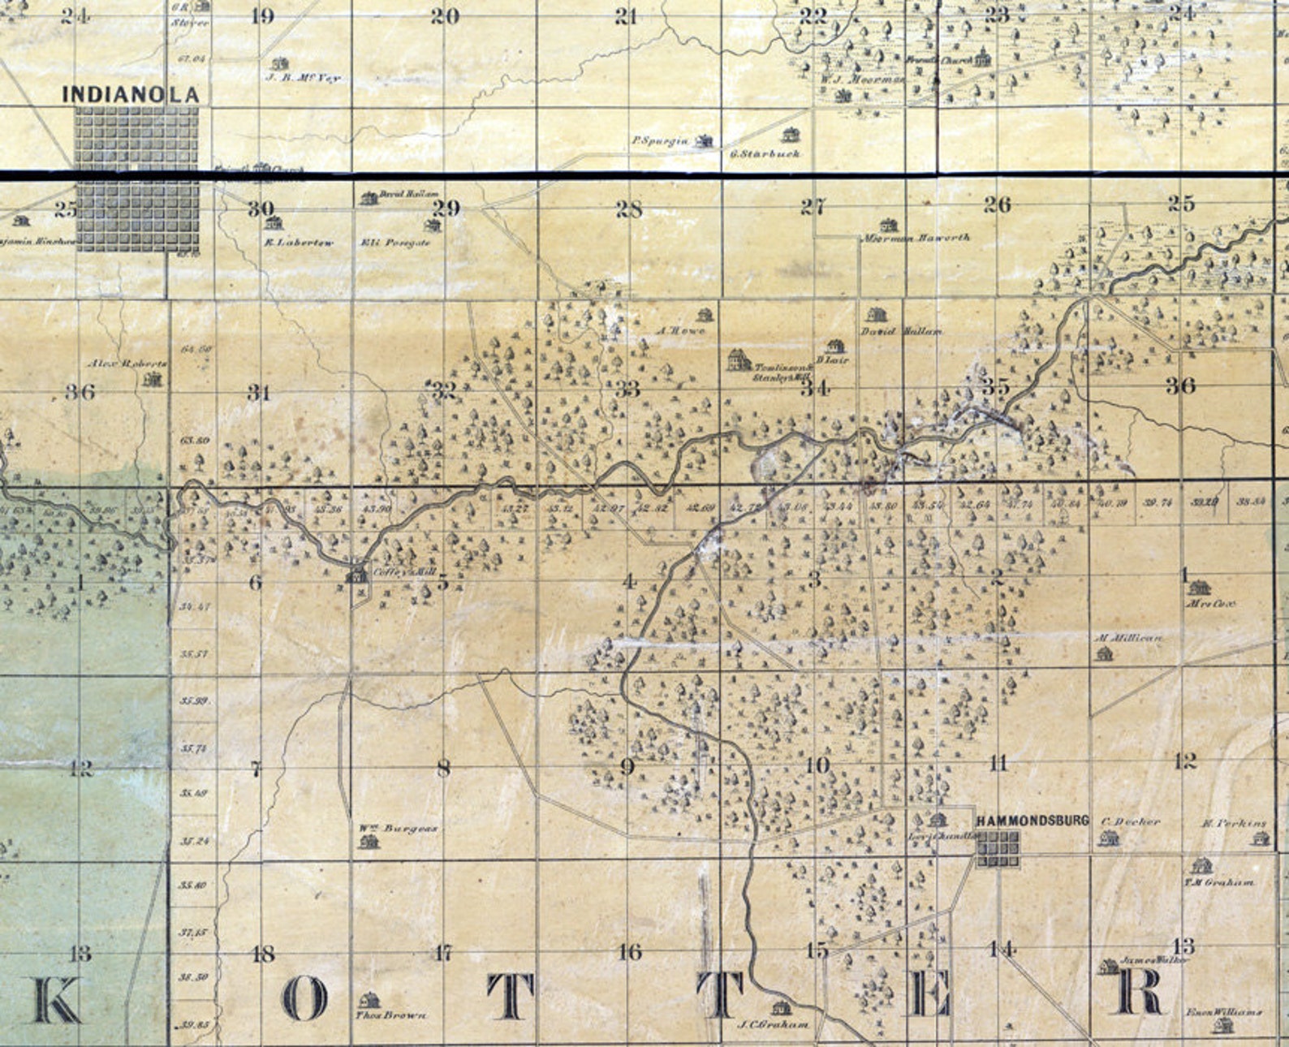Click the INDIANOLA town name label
tap(131, 94)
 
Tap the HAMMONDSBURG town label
tap(1032, 821)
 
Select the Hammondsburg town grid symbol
tap(998, 850)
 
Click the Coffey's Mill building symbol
tap(356, 575)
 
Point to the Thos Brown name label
tap(392, 1015)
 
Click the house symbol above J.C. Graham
tap(781, 1007)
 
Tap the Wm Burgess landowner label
tap(398, 829)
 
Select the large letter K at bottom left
tap(56, 1000)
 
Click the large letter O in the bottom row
tap(304, 999)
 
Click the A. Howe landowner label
tap(681, 330)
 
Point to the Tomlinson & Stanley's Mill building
tap(738, 360)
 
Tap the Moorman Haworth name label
tap(915, 238)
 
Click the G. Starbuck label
tap(765, 153)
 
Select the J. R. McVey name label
tap(303, 78)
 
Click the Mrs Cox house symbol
tap(1199, 586)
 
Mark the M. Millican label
tap(1128, 639)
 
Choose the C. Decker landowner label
tap(1131, 822)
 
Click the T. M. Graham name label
tap(1218, 882)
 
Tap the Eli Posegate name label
tap(395, 243)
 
